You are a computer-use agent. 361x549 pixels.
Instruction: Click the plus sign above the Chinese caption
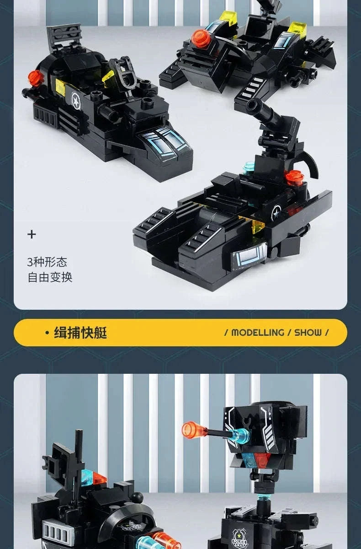(32, 235)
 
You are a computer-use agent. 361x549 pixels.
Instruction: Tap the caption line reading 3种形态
(47, 262)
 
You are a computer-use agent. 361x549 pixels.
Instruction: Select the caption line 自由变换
(50, 277)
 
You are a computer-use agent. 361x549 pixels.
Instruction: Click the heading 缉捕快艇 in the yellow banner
(80, 333)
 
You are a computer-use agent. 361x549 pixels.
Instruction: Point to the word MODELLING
(258, 333)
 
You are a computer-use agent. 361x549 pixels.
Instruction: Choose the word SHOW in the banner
(308, 333)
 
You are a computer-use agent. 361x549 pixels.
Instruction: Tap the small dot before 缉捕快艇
(47, 333)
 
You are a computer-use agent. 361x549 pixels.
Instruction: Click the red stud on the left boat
(35, 78)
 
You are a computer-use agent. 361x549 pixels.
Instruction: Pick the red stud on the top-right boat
(201, 38)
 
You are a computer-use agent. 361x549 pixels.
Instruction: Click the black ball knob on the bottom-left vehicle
(138, 497)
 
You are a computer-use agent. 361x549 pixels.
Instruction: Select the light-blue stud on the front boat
(249, 168)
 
